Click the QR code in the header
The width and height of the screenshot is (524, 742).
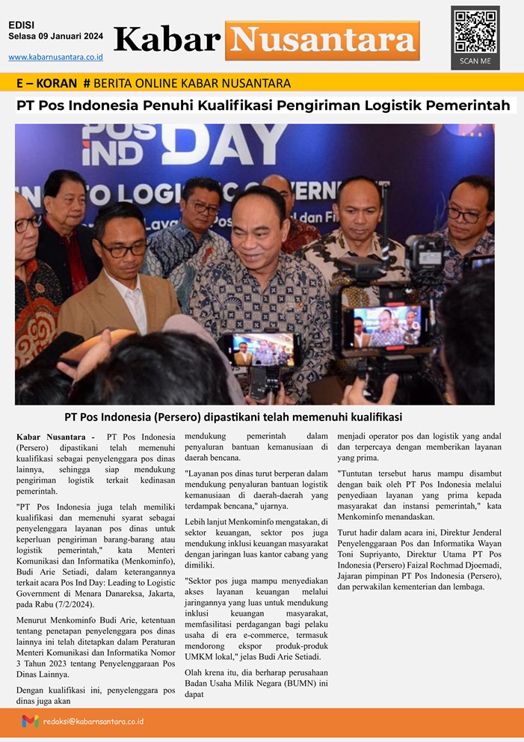point(475,31)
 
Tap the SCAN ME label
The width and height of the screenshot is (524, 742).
point(475,61)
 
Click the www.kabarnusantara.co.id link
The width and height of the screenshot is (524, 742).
point(55,57)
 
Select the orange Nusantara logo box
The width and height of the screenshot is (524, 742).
point(322,40)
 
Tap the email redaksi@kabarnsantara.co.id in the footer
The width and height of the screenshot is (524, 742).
point(93,721)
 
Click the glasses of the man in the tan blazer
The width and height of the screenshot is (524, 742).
point(123,248)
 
